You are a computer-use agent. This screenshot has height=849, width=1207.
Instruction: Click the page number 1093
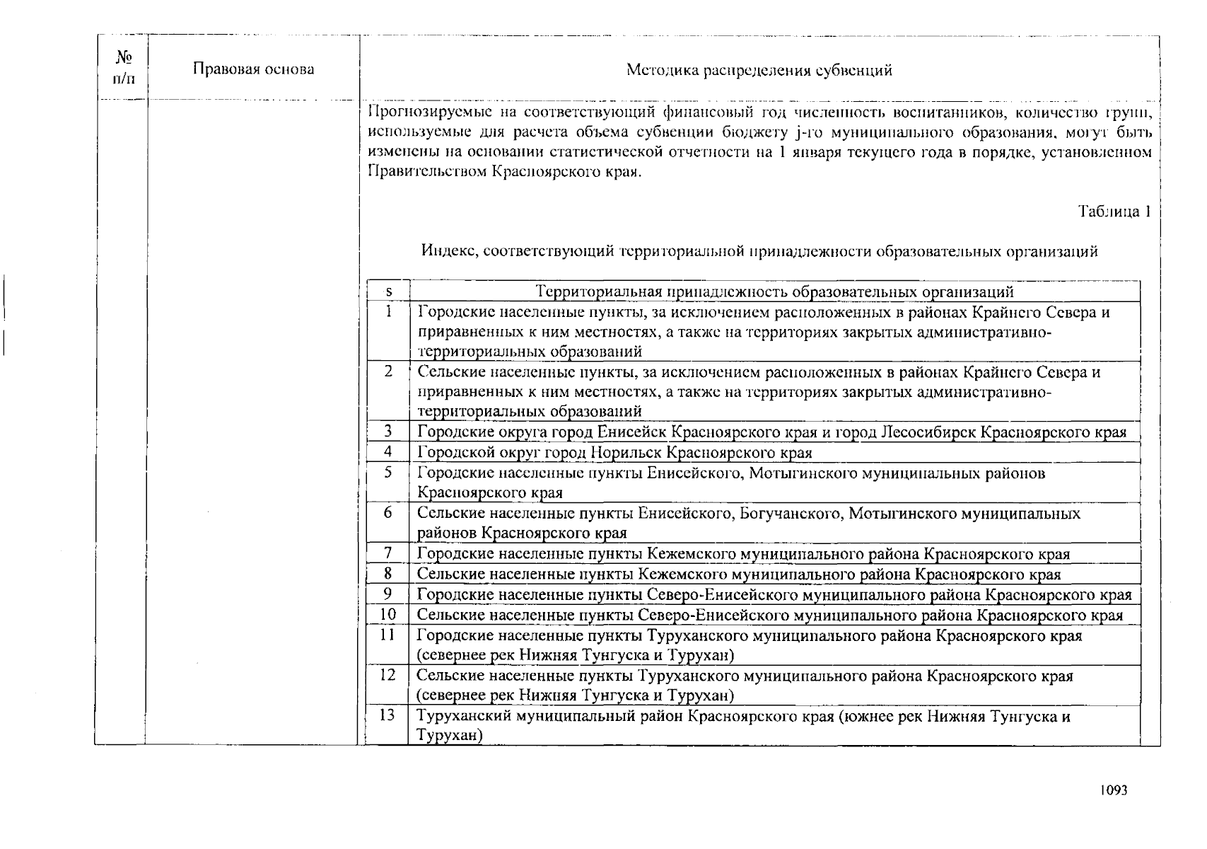click(x=1112, y=790)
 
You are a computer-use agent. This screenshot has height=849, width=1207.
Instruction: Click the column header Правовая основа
click(x=253, y=69)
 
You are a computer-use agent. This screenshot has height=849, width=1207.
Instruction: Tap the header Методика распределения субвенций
click(x=759, y=70)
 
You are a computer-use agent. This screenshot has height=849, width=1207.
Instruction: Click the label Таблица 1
click(x=1114, y=212)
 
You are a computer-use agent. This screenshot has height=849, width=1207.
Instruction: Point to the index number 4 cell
click(x=388, y=451)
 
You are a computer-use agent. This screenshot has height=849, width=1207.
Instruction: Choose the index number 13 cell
click(x=387, y=715)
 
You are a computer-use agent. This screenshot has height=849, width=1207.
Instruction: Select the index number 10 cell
click(x=387, y=615)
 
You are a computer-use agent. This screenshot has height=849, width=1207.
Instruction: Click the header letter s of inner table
click(x=388, y=291)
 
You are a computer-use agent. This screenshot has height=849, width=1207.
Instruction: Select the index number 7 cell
click(x=388, y=553)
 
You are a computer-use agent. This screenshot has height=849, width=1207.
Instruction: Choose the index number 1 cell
click(x=388, y=311)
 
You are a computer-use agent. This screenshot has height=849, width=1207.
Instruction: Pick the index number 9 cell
click(x=388, y=594)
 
